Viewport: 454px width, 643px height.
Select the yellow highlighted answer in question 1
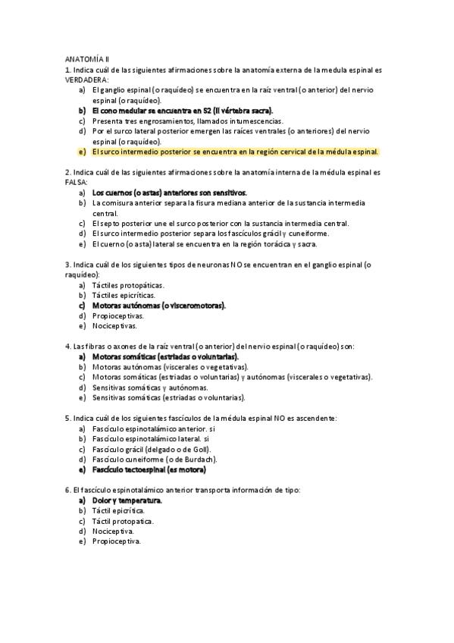[234, 152]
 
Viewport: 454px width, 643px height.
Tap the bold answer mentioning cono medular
[183, 110]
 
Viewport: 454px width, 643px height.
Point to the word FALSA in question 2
[77, 183]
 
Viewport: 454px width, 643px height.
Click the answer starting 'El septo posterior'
[220, 224]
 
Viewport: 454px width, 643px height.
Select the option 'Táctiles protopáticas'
[127, 285]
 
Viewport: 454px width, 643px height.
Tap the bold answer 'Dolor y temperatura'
[127, 500]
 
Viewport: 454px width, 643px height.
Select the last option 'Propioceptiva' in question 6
[116, 541]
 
